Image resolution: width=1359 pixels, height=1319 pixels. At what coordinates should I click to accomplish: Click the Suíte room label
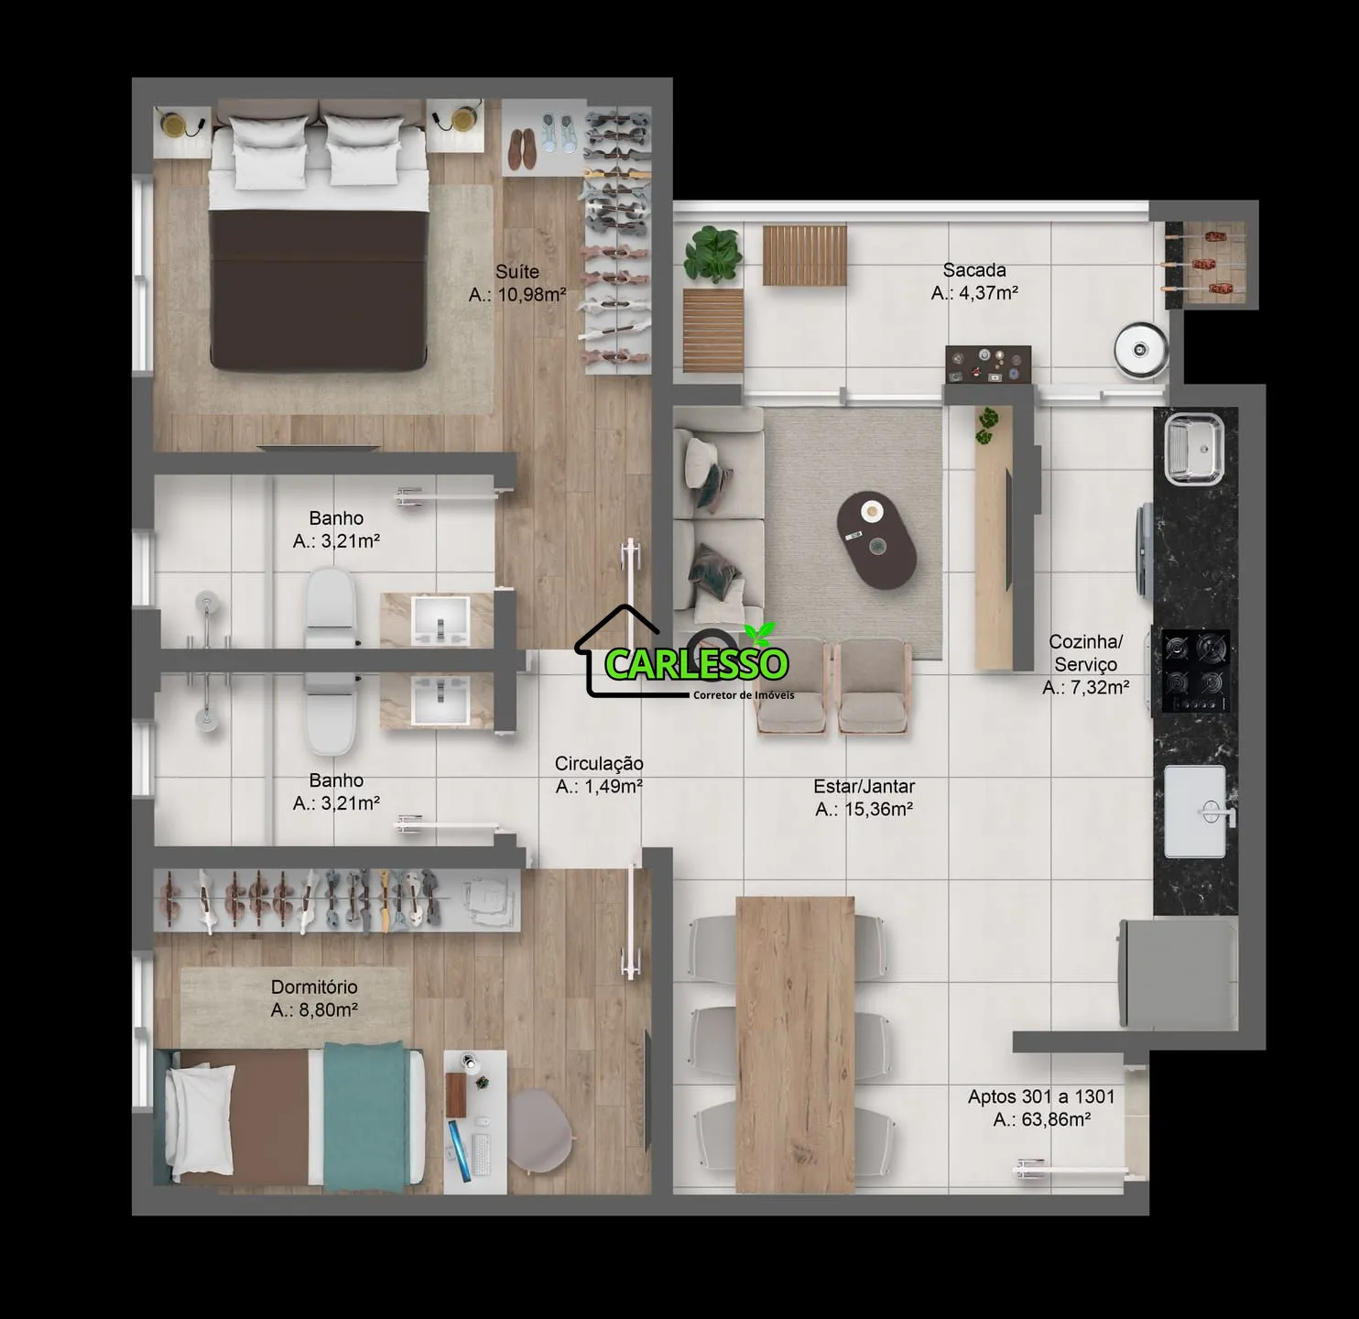click(x=516, y=271)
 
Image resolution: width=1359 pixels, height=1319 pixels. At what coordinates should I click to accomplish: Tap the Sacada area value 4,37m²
click(x=988, y=293)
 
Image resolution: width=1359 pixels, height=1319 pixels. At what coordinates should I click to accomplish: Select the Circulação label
click(x=599, y=763)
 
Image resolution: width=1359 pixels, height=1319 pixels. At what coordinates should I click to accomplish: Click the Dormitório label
click(x=314, y=987)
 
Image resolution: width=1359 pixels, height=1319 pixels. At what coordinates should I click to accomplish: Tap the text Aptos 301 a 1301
click(x=1040, y=1096)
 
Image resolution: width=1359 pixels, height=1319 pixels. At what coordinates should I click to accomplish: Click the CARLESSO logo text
click(x=696, y=664)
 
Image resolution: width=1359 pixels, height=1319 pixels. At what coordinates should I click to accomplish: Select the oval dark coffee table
click(x=876, y=540)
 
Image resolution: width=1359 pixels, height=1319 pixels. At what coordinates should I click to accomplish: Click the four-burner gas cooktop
click(x=1196, y=670)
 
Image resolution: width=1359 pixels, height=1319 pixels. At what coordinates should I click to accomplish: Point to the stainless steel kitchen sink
click(x=1194, y=449)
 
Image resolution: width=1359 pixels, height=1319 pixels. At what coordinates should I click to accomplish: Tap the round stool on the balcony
click(x=1140, y=349)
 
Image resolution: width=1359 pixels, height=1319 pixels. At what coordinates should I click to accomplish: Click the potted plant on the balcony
click(x=712, y=254)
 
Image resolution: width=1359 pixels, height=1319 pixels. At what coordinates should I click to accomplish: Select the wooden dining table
click(x=795, y=1044)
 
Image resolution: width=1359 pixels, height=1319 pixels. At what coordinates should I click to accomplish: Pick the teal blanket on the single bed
click(x=364, y=1117)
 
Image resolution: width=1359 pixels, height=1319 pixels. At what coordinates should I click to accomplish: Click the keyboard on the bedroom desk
click(x=482, y=1154)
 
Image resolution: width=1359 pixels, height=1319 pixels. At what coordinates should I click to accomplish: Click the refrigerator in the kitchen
click(x=1178, y=973)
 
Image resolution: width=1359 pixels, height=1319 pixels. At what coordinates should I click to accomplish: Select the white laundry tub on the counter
click(x=1195, y=812)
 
